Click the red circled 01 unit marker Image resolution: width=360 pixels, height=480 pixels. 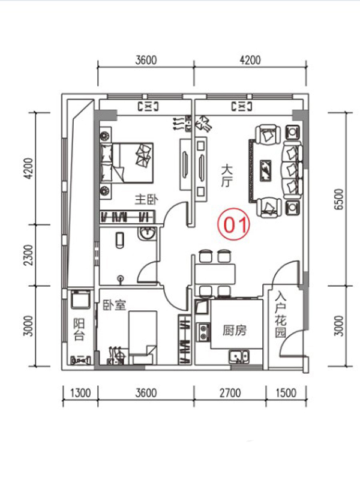(234, 225)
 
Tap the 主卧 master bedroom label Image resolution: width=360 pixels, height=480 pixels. (146, 200)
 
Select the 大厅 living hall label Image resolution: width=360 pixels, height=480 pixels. (227, 176)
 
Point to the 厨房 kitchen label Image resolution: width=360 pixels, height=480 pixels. (235, 331)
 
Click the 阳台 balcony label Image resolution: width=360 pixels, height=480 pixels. (79, 329)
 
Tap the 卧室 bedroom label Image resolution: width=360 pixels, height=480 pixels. (114, 305)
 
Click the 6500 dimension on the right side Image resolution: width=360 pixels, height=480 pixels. (339, 199)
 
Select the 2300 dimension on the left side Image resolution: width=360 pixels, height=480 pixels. (28, 255)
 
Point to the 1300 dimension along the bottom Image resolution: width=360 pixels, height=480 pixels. (80, 393)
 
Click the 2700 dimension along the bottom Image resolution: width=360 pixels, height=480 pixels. (230, 393)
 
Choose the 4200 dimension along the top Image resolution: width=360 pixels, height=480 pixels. (250, 60)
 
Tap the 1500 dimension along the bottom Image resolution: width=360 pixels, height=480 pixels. (286, 393)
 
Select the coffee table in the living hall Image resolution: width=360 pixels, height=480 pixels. (265, 171)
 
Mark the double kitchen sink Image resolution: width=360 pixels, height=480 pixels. (239, 356)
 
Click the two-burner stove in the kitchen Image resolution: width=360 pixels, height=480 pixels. (203, 332)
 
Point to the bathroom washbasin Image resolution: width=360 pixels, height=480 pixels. (148, 235)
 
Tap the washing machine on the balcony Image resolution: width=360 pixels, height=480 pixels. (80, 299)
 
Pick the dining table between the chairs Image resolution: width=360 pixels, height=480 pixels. (215, 274)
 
